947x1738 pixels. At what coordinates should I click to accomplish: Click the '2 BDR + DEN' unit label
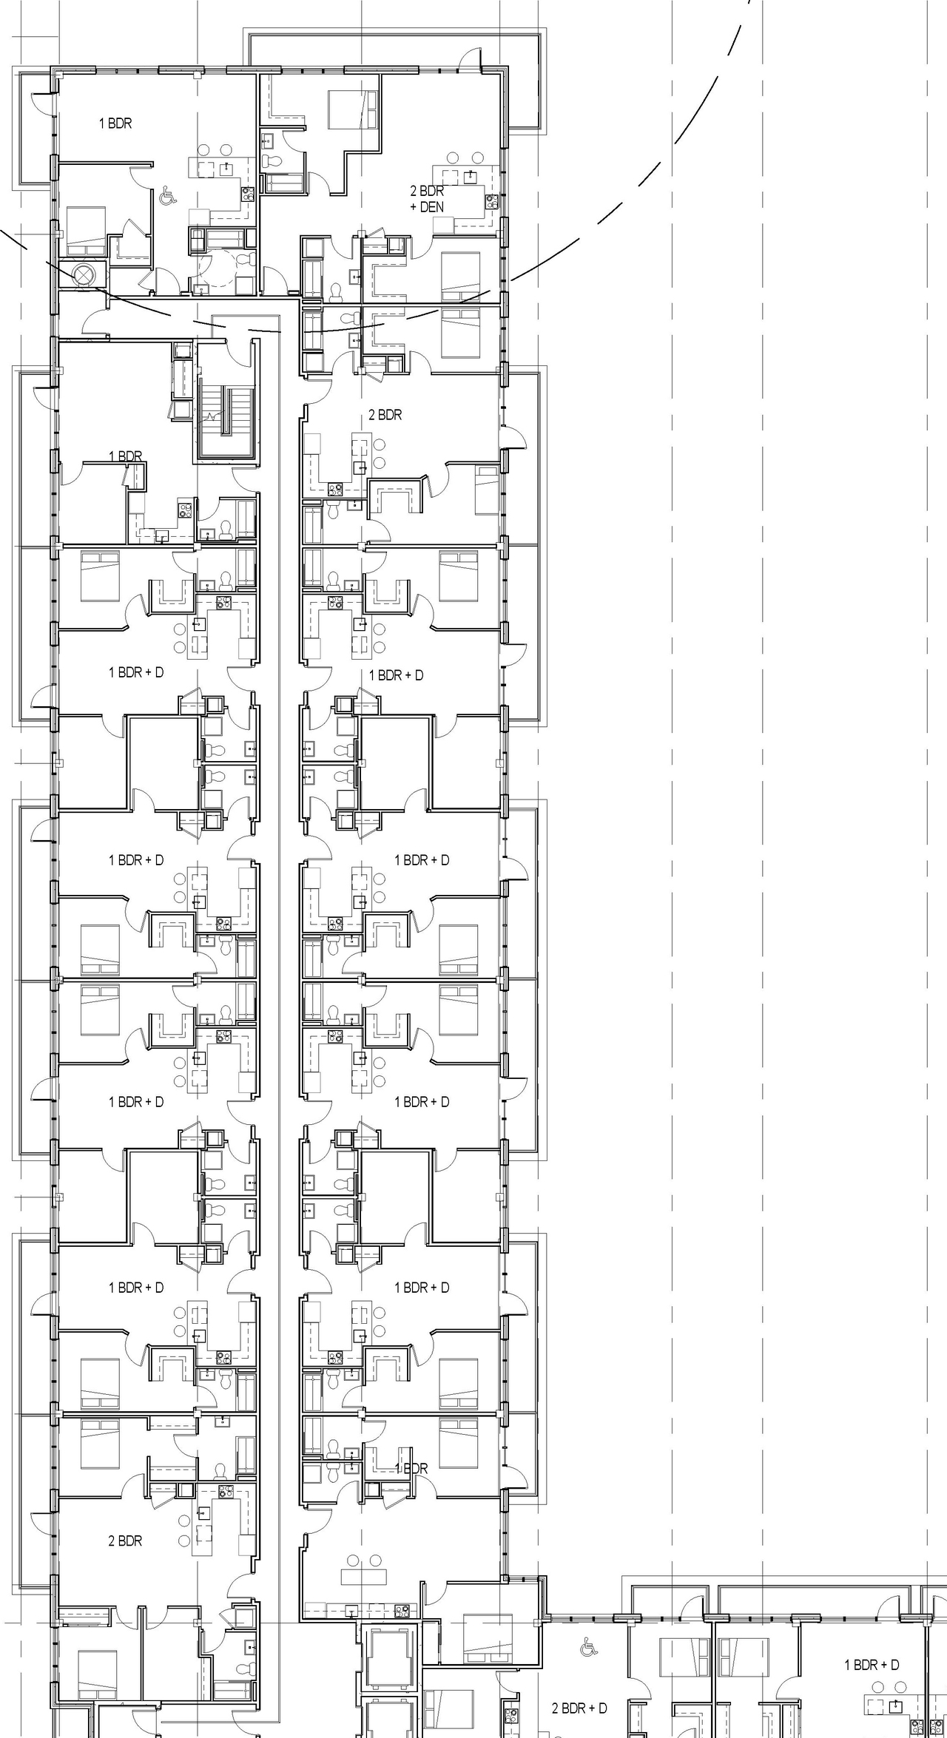(x=427, y=199)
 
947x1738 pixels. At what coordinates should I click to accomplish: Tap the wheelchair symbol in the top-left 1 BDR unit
(x=168, y=197)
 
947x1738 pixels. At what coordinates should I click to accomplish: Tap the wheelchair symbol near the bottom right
(x=589, y=1646)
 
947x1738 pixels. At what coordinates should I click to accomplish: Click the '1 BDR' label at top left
(x=115, y=124)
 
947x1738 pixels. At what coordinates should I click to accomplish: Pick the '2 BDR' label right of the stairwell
(x=385, y=415)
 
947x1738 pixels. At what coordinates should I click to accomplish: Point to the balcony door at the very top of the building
(x=470, y=60)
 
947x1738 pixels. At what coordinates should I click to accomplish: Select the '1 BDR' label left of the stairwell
(x=126, y=456)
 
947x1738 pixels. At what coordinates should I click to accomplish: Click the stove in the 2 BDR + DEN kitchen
(x=493, y=200)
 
